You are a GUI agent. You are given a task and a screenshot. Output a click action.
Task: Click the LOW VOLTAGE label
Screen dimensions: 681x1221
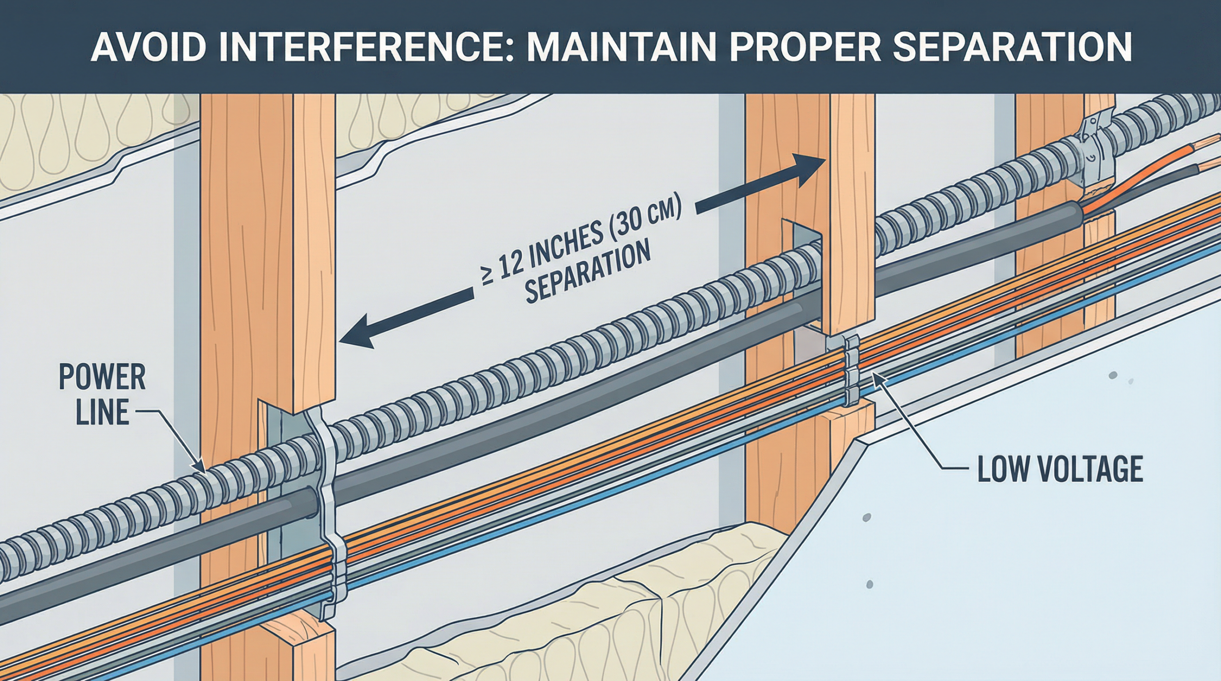1060,469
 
